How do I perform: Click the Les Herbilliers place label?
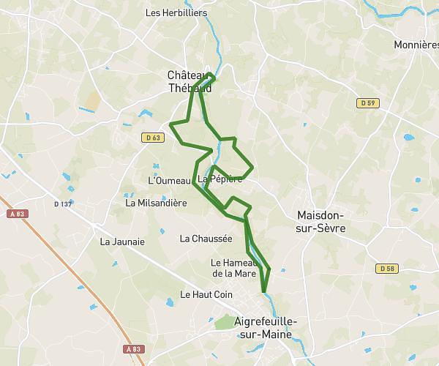[176, 12]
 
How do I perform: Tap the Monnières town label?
[416, 45]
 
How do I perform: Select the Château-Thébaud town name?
[190, 81]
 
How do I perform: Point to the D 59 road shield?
[368, 103]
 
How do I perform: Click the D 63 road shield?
[151, 137]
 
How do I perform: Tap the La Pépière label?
[219, 179]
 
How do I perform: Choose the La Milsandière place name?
[156, 203]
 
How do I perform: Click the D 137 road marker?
[63, 203]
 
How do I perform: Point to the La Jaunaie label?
[122, 241]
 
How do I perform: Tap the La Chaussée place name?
[206, 238]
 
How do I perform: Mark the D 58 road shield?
[388, 269]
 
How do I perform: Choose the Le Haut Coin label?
[200, 294]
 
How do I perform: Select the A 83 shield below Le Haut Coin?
[132, 349]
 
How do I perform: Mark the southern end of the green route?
[263, 291]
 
